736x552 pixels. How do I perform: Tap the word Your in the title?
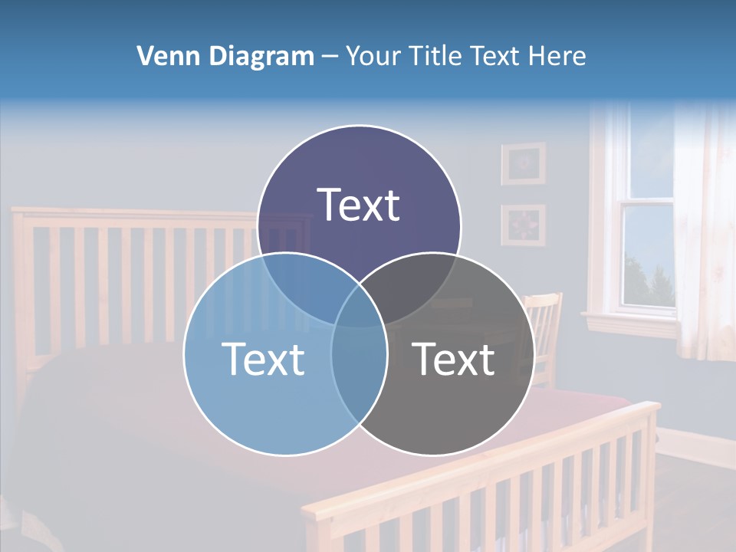pos(374,56)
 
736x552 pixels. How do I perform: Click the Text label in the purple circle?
pos(359,205)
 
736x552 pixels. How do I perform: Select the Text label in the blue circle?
pos(263,359)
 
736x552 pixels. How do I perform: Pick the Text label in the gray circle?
pos(454,359)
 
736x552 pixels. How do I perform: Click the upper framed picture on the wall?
pos(524,163)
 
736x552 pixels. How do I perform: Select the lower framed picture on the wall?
pos(524,225)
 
